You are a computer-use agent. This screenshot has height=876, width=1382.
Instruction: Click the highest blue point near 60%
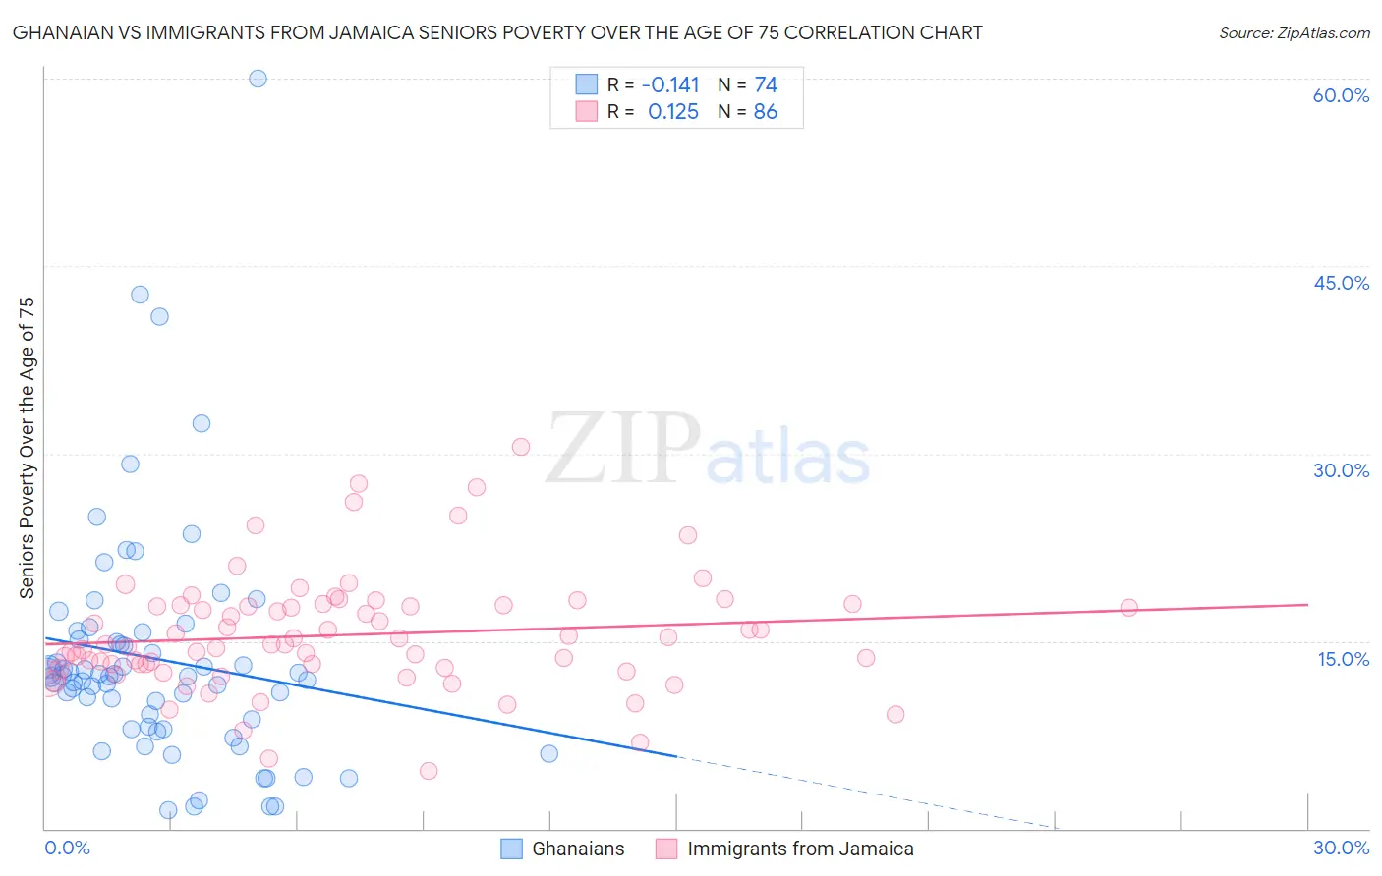[x=258, y=79]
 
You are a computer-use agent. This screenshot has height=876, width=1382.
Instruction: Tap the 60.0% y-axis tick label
[x=1341, y=95]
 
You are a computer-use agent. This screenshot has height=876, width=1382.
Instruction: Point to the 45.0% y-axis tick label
[x=1341, y=283]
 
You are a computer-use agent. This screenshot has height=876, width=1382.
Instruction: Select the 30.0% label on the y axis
[x=1341, y=470]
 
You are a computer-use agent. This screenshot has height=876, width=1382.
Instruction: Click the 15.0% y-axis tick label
[x=1343, y=659]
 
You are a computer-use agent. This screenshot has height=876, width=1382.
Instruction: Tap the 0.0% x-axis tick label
[x=67, y=848]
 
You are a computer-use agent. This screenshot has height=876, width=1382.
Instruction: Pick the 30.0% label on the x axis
[x=1341, y=848]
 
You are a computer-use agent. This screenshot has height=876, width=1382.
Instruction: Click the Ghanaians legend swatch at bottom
[x=511, y=849]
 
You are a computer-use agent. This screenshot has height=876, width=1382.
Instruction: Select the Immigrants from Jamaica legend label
[x=800, y=849]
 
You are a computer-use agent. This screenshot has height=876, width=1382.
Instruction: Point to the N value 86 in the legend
[x=765, y=112]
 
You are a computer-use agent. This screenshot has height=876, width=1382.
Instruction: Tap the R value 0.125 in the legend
[x=673, y=112]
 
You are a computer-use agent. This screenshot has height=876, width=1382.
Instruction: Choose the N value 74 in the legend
[x=765, y=85]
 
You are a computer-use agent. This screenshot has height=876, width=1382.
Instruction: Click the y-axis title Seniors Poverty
[x=27, y=447]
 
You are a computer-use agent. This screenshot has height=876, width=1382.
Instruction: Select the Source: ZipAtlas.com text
[x=1294, y=33]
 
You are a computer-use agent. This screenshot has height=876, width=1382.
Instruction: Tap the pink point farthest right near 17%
[x=1128, y=608]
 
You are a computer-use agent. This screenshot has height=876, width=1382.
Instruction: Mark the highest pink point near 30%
[x=521, y=447]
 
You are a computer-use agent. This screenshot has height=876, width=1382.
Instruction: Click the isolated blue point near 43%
[x=140, y=295]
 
